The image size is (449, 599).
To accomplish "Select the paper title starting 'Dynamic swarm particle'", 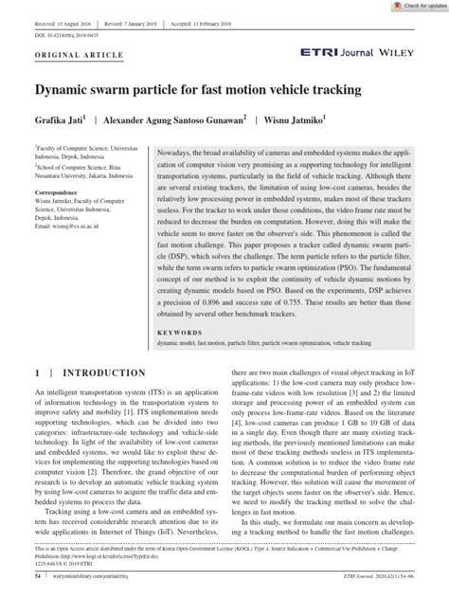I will point(199,90).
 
